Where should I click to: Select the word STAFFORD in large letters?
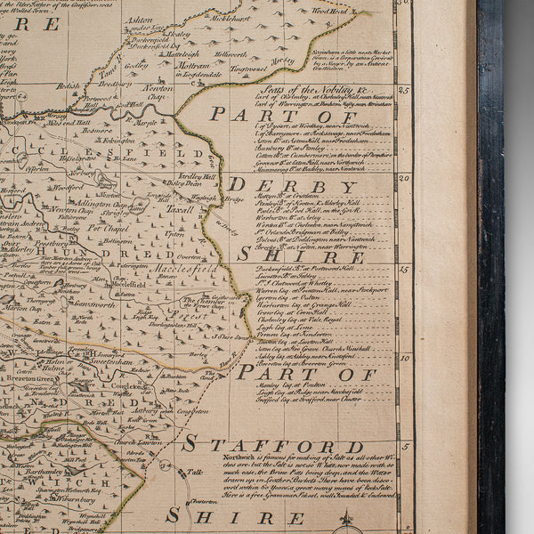[x=273, y=446]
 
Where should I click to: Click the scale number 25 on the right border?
[x=404, y=90]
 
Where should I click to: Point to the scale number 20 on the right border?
[x=404, y=177]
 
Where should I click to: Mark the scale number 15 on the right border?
[x=404, y=268]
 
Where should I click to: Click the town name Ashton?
[x=140, y=19]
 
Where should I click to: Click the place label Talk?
[x=193, y=473]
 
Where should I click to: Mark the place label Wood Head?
[x=328, y=12]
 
